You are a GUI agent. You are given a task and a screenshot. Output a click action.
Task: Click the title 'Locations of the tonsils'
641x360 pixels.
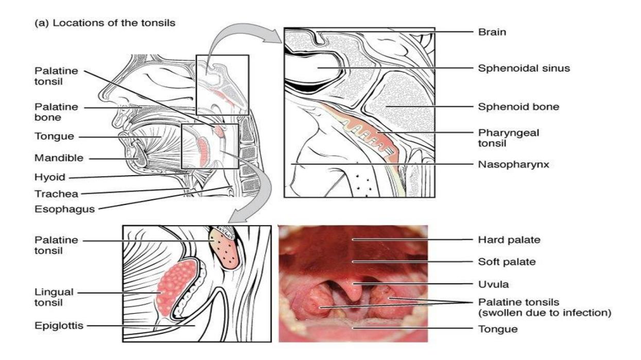114,23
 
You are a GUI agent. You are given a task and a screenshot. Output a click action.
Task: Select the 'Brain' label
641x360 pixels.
492,32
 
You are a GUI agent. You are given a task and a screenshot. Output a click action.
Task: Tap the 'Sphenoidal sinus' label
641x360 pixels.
524,68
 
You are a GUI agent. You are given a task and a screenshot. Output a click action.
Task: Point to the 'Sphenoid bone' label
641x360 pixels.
518,107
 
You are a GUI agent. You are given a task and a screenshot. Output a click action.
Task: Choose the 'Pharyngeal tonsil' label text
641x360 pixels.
509,138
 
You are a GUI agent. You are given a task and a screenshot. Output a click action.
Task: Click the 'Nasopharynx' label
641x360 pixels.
514,164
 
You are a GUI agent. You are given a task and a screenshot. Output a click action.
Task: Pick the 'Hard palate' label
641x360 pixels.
509,240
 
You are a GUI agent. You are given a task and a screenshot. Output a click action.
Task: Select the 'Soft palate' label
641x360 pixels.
507,262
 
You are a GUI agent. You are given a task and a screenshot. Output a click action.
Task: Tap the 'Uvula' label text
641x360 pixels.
493,284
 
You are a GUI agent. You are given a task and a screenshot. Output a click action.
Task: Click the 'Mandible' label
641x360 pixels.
59,158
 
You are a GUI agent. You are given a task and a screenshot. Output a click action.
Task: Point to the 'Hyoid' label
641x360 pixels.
50,177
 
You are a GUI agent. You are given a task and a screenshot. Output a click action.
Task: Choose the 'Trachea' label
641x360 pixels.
56,194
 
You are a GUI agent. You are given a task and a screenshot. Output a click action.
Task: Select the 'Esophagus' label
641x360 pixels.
64,209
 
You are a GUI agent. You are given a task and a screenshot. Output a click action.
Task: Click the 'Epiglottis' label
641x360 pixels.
59,325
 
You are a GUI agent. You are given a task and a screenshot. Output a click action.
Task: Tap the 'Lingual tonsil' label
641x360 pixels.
54,297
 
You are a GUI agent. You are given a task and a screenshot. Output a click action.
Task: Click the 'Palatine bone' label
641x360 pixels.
56,112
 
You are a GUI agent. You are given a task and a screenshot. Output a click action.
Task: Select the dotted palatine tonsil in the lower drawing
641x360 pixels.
224,249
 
